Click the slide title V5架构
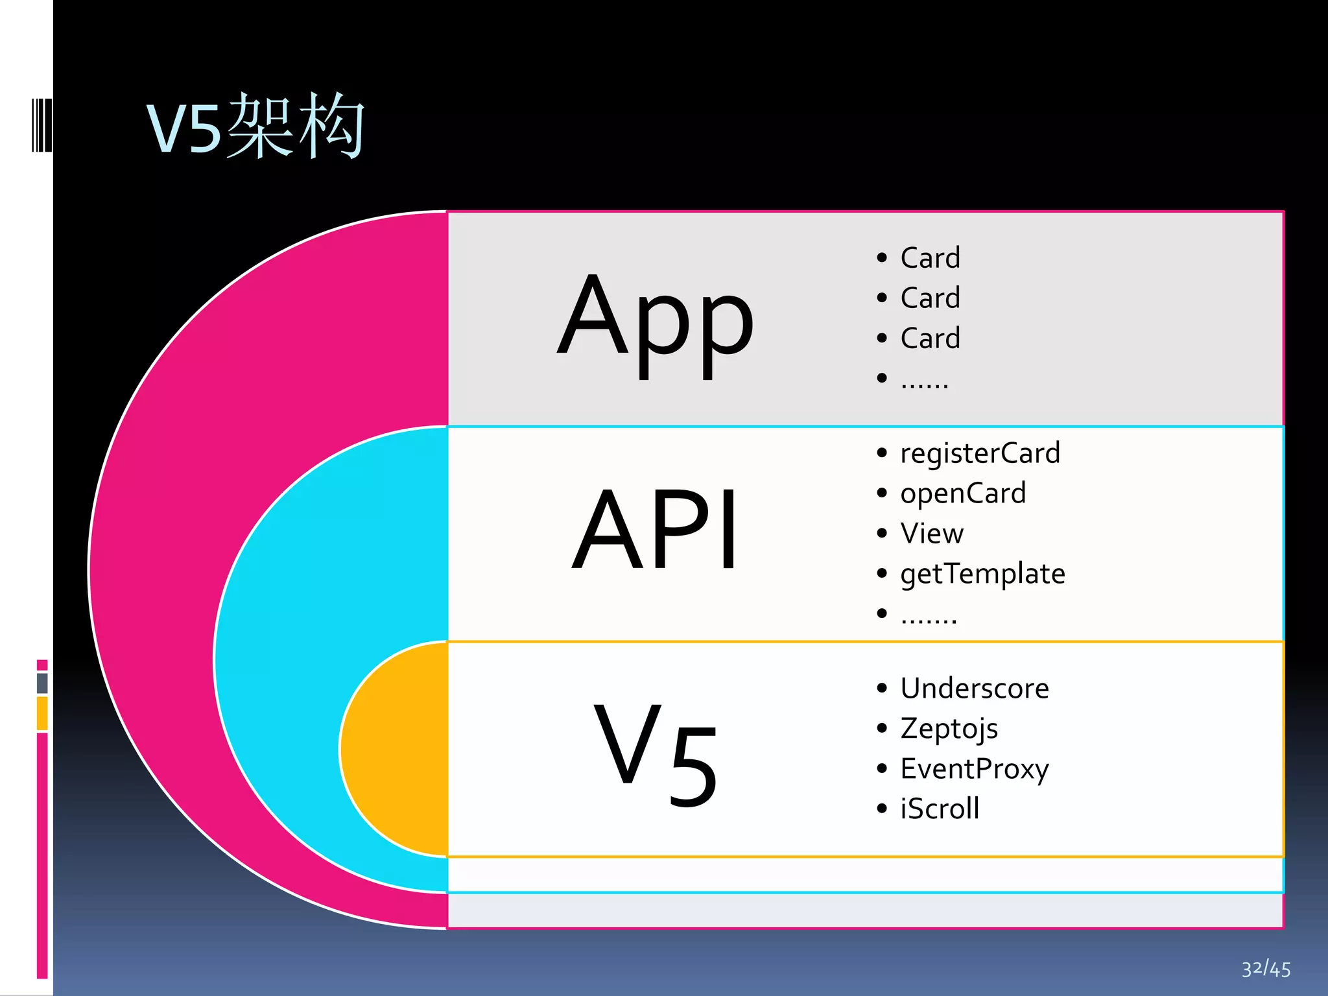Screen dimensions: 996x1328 pyautogui.click(x=255, y=126)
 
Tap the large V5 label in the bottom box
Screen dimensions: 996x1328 pyautogui.click(x=655, y=752)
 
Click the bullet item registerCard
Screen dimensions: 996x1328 pyautogui.click(x=980, y=453)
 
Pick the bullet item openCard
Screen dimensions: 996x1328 pyautogui.click(x=963, y=493)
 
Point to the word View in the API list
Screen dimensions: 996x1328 pyautogui.click(x=932, y=534)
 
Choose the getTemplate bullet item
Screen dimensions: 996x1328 pyautogui.click(x=982, y=574)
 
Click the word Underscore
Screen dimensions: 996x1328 pyautogui.click(x=974, y=688)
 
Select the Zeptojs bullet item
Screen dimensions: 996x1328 pyautogui.click(x=949, y=728)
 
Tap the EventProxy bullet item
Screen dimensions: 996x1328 pyautogui.click(x=974, y=769)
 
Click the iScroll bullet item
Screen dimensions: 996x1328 pyautogui.click(x=940, y=809)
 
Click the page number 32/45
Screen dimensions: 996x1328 pyautogui.click(x=1266, y=969)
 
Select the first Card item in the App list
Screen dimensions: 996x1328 pyautogui.click(x=930, y=258)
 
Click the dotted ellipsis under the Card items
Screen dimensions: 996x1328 pyautogui.click(x=925, y=382)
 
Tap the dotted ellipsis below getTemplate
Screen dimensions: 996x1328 pyautogui.click(x=929, y=617)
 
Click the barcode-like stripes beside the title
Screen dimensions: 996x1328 pyautogui.click(x=41, y=125)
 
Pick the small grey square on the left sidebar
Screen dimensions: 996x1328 pyautogui.click(x=42, y=683)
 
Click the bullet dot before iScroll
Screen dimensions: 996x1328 pyautogui.click(x=881, y=809)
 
